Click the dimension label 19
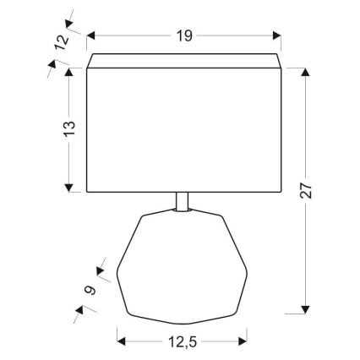tap(185, 35)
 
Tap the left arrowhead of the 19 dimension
tap(91, 35)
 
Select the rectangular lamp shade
tap(184, 127)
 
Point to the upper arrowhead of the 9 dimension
tap(101, 273)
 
